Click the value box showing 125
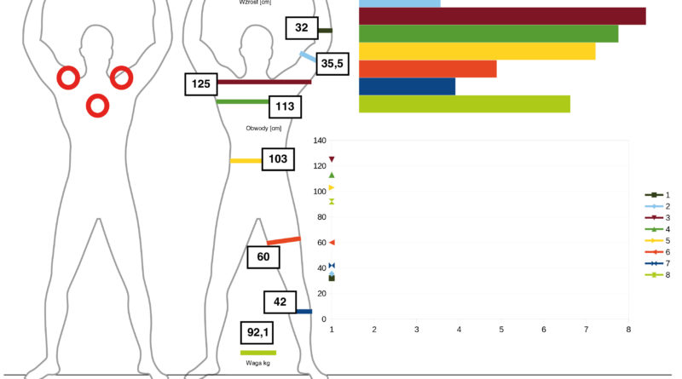pos(201,84)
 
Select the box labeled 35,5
pos(332,64)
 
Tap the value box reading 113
pos(285,107)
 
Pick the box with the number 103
pos(278,159)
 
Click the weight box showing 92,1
pos(257,333)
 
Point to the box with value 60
pos(263,257)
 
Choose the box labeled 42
pos(280,302)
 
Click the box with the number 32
pos(302,28)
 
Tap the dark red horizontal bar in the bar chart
pos(502,16)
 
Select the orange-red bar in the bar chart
pos(428,69)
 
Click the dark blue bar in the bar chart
pos(407,87)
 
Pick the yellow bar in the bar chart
pos(477,51)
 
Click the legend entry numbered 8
pos(657,275)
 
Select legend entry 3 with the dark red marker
pos(657,218)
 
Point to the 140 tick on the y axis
pos(320,141)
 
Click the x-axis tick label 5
pos(501,330)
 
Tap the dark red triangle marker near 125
pos(332,159)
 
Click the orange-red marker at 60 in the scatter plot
pos(332,243)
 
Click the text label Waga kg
pos(258,363)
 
